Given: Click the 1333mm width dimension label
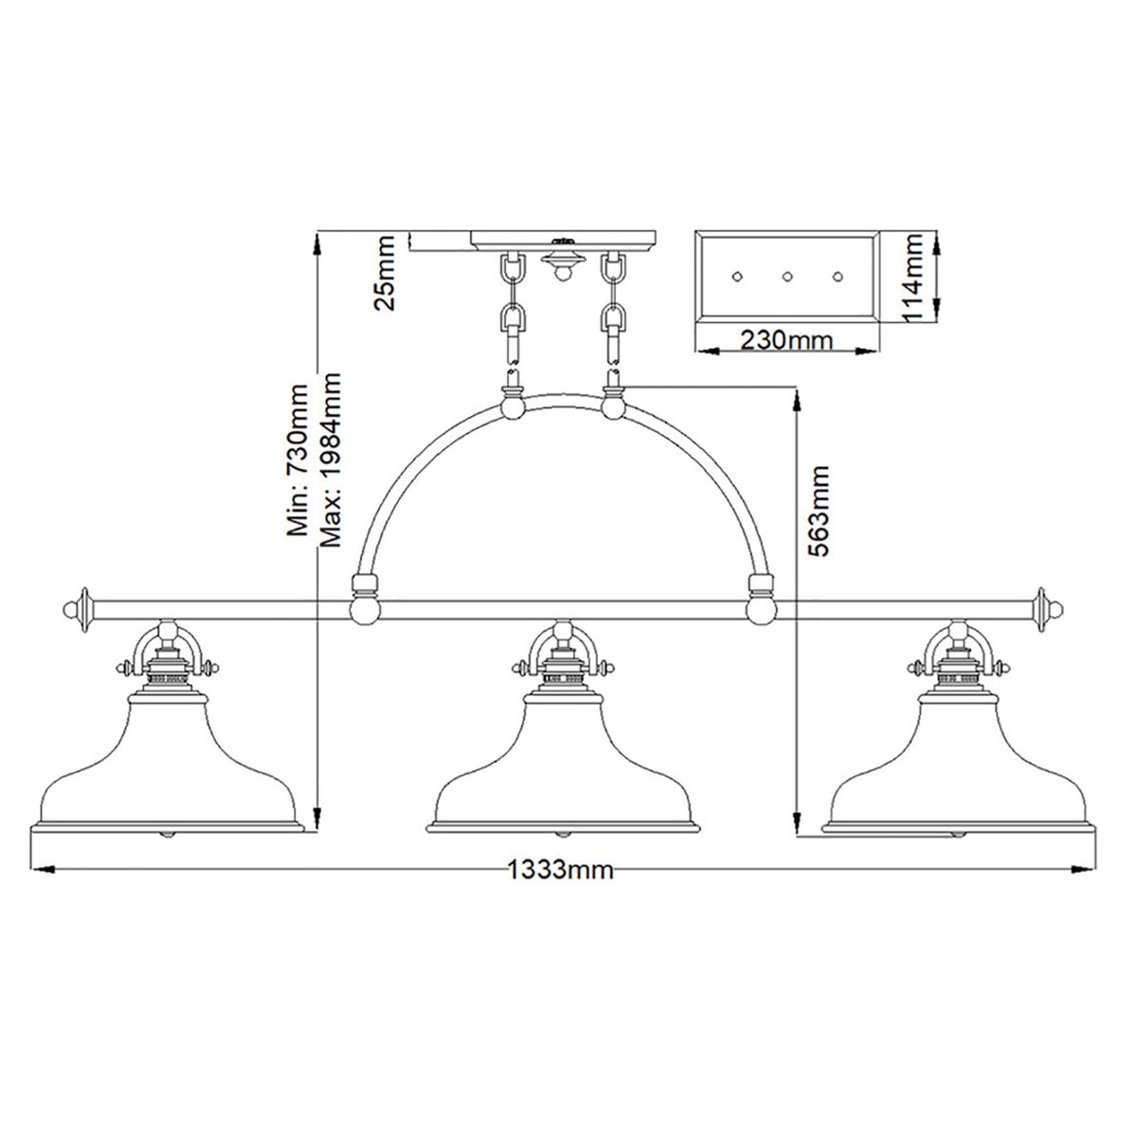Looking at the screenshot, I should (x=560, y=870).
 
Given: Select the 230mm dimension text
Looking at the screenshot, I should (x=788, y=339).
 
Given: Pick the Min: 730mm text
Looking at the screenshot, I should (x=298, y=460).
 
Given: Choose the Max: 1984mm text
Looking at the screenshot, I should (x=330, y=460).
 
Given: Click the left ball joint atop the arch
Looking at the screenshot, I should (x=513, y=407).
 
